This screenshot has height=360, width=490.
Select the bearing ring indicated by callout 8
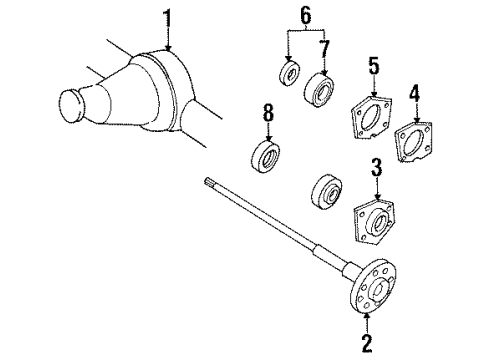click(x=267, y=160)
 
